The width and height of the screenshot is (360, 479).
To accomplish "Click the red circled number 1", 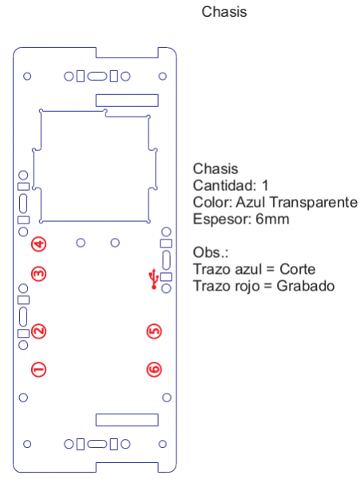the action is pyautogui.click(x=39, y=370).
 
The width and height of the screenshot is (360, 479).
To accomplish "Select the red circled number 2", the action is pyautogui.click(x=39, y=331).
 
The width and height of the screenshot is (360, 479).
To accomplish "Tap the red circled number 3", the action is pyautogui.click(x=39, y=274).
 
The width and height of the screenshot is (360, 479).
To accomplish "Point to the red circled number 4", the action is pyautogui.click(x=39, y=244).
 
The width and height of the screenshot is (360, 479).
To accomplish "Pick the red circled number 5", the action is pyautogui.click(x=154, y=331).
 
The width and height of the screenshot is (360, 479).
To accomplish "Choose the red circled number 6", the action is pyautogui.click(x=154, y=370).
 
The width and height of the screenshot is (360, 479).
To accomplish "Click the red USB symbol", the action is pyautogui.click(x=153, y=279).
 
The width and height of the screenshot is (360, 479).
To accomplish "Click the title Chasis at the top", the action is pyautogui.click(x=224, y=12).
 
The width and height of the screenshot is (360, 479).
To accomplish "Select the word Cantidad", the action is pyautogui.click(x=224, y=185).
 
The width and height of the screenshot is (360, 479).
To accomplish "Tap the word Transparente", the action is pyautogui.click(x=314, y=202).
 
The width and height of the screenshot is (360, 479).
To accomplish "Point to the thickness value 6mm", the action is pyautogui.click(x=272, y=219).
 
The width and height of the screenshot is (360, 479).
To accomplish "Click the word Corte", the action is pyautogui.click(x=298, y=269).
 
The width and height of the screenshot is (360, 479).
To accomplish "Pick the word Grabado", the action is pyautogui.click(x=306, y=286).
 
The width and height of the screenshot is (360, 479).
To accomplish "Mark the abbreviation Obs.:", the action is pyautogui.click(x=211, y=252).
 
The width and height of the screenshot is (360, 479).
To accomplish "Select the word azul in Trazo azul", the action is pyautogui.click(x=248, y=269).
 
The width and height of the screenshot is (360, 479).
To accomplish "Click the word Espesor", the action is pyautogui.click(x=222, y=219).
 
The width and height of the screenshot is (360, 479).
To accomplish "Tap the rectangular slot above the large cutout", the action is pyautogui.click(x=127, y=101).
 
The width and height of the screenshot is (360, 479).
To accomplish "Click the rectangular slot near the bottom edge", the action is pyautogui.click(x=127, y=420).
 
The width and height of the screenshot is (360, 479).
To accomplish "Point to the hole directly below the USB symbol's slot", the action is pyautogui.click(x=166, y=288).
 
